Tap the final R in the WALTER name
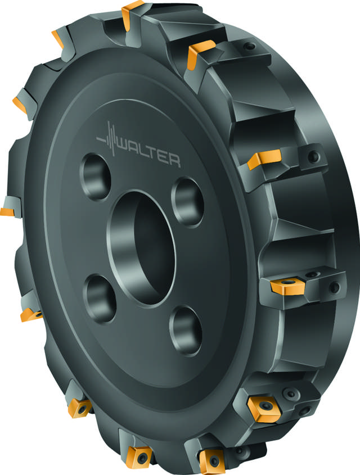(x=174, y=161)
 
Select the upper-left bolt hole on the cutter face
(x=95, y=177)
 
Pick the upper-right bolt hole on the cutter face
(x=187, y=202)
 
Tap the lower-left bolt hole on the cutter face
(x=100, y=298)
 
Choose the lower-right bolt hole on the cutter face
(x=186, y=330)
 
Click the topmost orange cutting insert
(x=132, y=13)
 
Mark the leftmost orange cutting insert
(x=7, y=212)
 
